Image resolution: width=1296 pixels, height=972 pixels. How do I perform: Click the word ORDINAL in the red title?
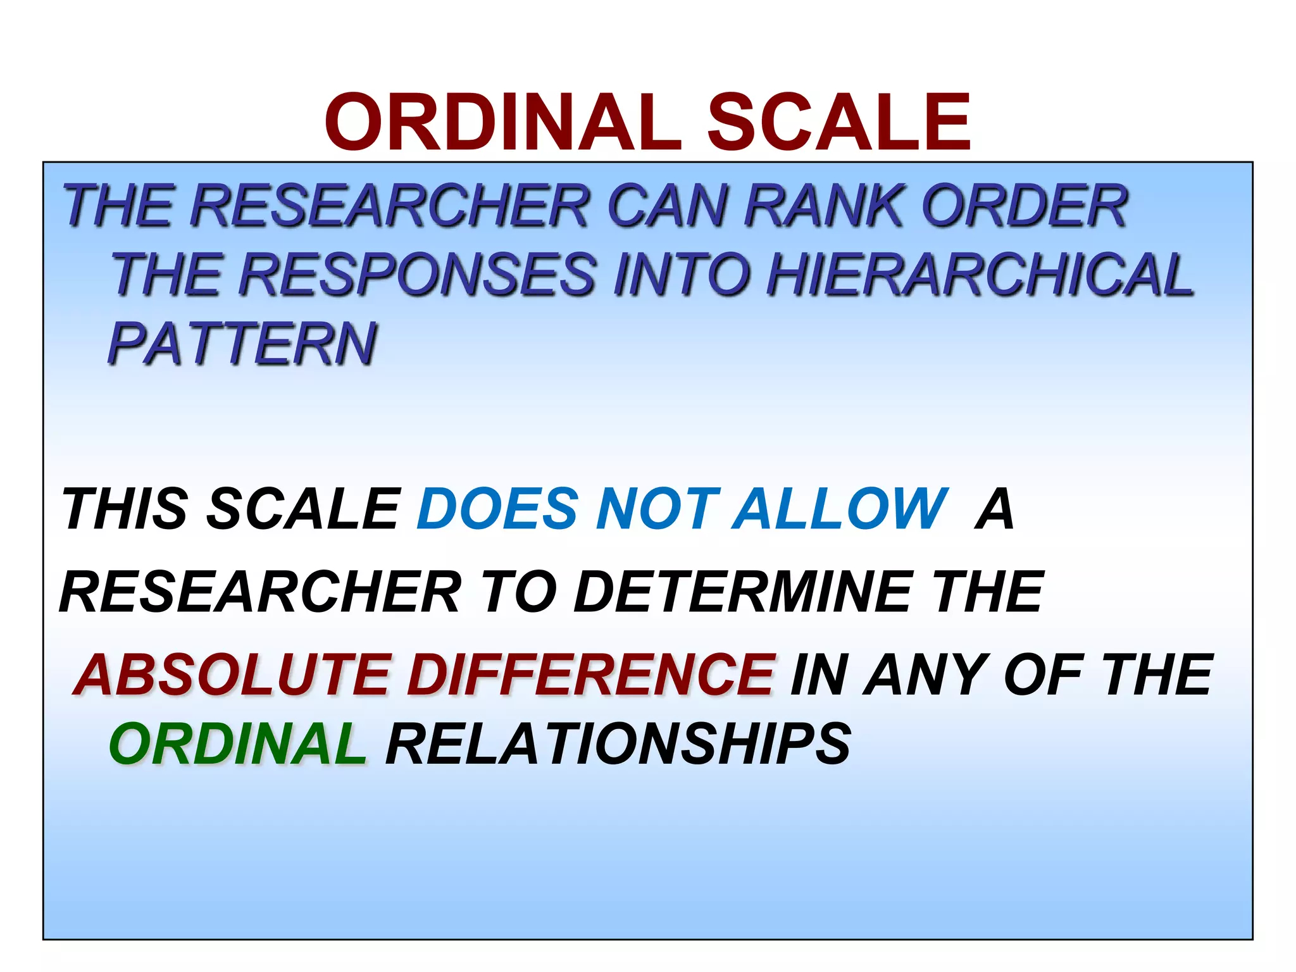[x=503, y=122]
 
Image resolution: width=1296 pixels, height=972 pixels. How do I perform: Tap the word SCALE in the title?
[x=838, y=122]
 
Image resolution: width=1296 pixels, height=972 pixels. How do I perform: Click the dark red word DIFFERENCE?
[x=591, y=675]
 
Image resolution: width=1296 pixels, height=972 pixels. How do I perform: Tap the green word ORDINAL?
[x=238, y=744]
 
